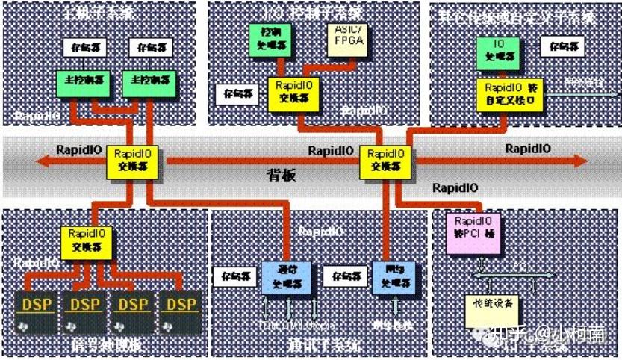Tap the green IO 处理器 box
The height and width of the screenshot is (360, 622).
[x=499, y=51]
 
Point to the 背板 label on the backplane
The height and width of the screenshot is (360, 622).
[x=282, y=176]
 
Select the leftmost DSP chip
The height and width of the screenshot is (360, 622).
[x=37, y=310]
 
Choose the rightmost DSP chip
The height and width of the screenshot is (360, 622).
[x=181, y=310]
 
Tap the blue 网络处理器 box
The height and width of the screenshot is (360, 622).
[x=391, y=276]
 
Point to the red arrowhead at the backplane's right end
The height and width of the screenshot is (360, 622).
[x=579, y=160]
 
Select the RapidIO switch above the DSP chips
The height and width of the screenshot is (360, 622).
[x=85, y=240]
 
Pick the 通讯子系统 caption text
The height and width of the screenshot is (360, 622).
[x=323, y=346]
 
